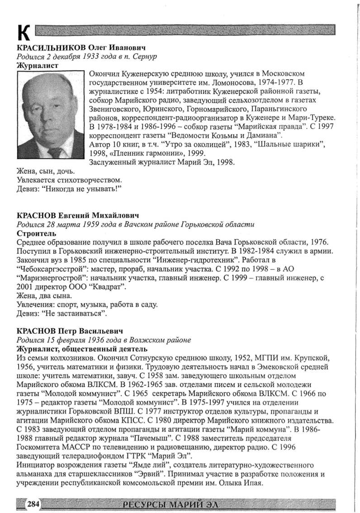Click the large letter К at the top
pyautogui.click(x=24, y=33)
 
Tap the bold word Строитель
pyautogui.click(x=36, y=233)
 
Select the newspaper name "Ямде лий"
pyautogui.click(x=154, y=465)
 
